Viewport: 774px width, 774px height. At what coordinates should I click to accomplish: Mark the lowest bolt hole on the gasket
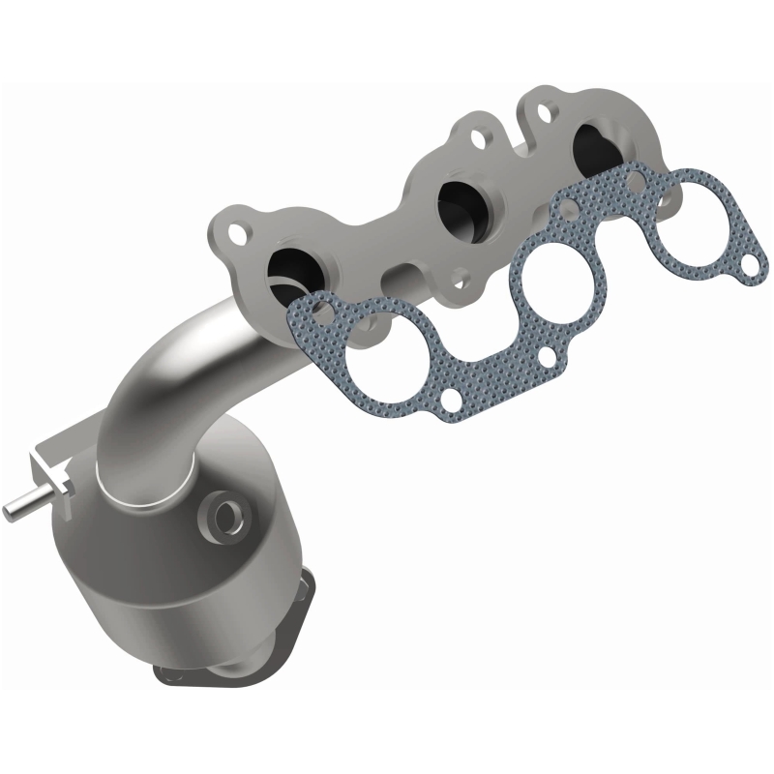click(453, 397)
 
